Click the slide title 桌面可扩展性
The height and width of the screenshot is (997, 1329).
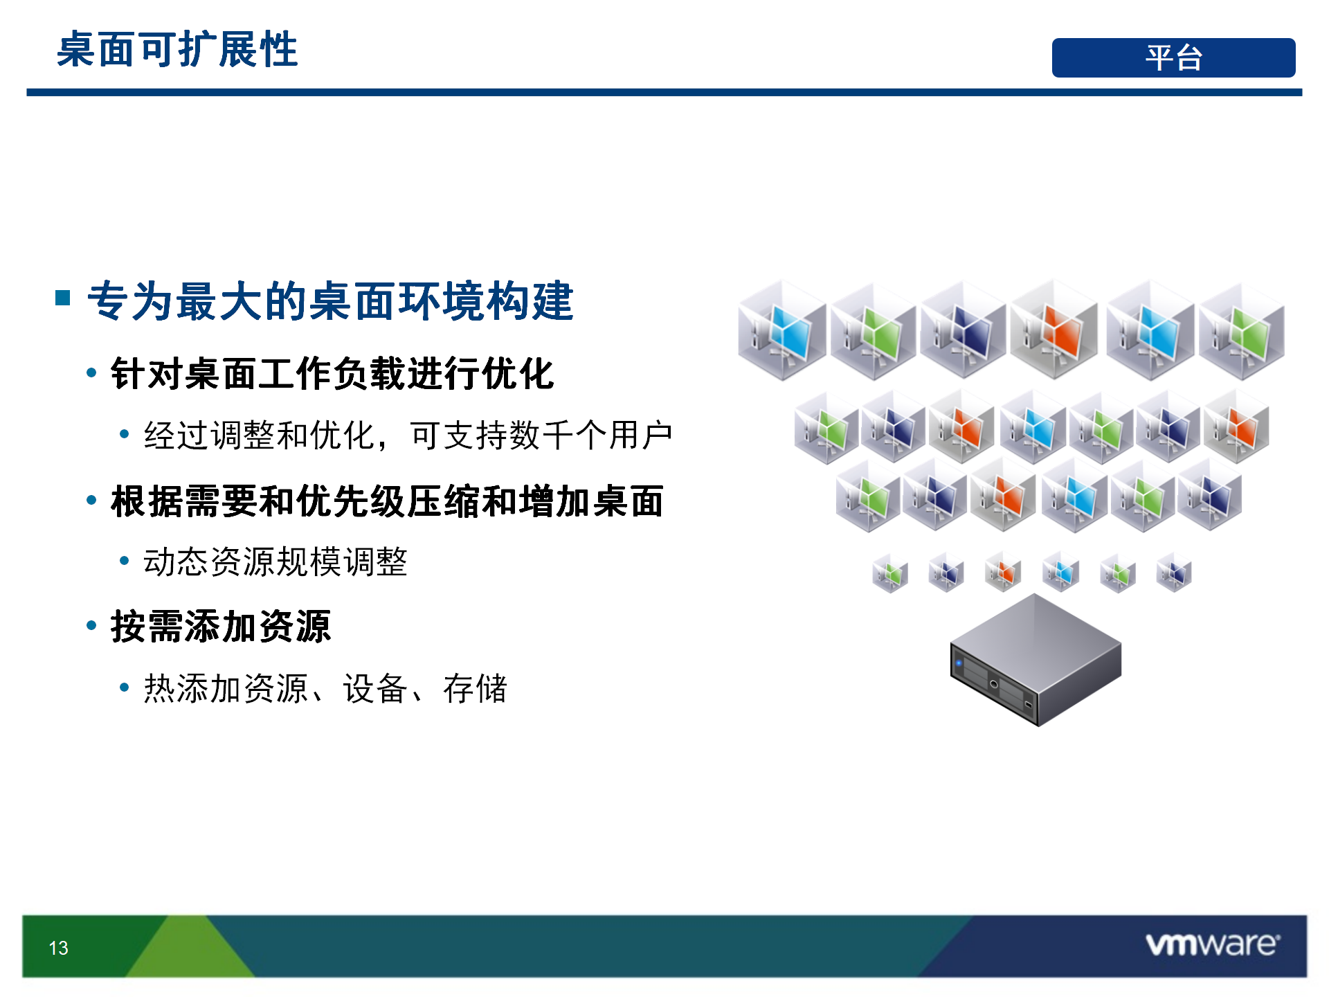point(177,50)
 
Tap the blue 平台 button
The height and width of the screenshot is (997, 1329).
point(1173,57)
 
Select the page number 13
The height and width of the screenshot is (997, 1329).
point(59,948)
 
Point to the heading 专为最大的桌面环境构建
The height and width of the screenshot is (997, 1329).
point(330,301)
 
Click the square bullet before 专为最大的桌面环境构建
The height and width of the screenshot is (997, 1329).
point(63,298)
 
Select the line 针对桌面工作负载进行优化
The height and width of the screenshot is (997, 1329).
point(332,374)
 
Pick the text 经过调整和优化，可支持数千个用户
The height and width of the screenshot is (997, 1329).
point(408,435)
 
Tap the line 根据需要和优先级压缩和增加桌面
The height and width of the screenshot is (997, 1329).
point(388,501)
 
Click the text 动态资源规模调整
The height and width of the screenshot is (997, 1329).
point(275,562)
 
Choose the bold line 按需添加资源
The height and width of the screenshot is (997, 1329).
point(221,627)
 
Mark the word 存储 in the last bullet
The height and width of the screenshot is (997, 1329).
point(475,689)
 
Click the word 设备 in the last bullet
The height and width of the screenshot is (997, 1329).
point(374,689)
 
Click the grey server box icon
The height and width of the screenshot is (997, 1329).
point(1036,659)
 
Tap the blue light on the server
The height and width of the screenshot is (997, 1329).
point(959,663)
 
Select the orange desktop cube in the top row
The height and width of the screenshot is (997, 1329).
point(1054,330)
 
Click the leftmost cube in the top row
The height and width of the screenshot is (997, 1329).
point(782,330)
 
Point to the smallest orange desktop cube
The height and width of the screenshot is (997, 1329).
point(1003,572)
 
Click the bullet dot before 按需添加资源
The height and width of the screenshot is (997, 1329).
point(91,626)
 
